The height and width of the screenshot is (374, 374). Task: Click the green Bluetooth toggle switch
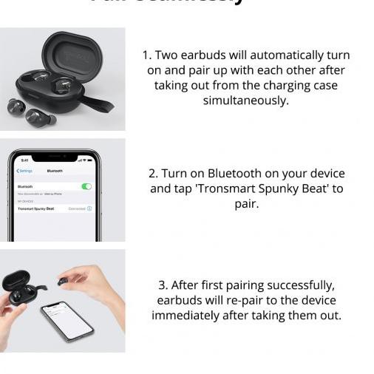pos(86,186)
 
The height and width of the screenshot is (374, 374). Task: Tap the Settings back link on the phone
pos(24,171)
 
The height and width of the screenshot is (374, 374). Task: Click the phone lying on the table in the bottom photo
pos(66,320)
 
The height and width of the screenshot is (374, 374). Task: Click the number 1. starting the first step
pos(147,55)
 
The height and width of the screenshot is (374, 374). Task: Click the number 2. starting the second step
pos(153,174)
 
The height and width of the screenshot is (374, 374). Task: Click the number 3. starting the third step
pos(163,285)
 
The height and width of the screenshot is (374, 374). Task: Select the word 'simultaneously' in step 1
pos(245,101)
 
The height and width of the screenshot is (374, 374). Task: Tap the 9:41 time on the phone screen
pos(24,160)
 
